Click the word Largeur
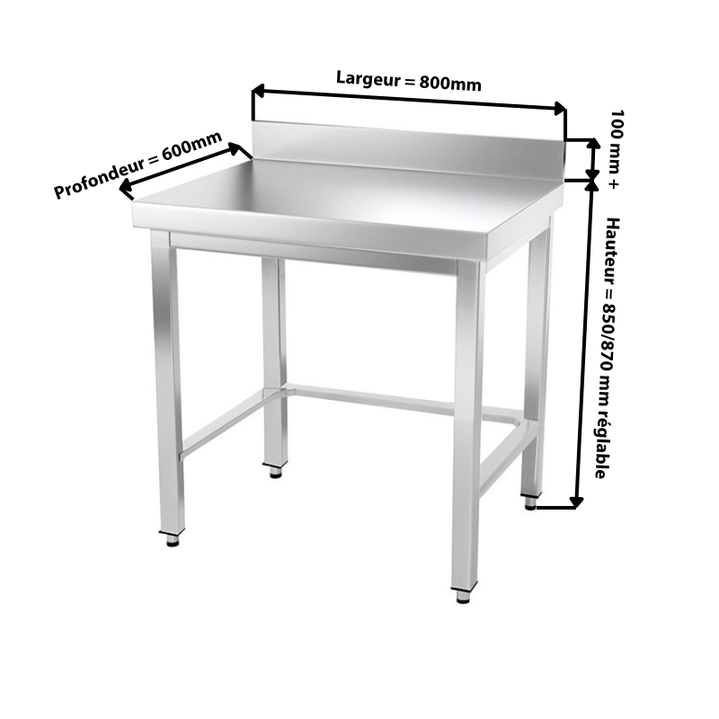(368, 79)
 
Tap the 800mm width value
(450, 84)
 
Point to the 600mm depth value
(191, 146)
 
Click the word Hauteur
(612, 250)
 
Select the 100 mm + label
(616, 149)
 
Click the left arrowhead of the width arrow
(258, 91)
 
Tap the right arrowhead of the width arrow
(560, 108)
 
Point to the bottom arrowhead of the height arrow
(576, 502)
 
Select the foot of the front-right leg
(464, 595)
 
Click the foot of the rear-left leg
(275, 470)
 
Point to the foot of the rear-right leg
(530, 502)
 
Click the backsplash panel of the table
(408, 149)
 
